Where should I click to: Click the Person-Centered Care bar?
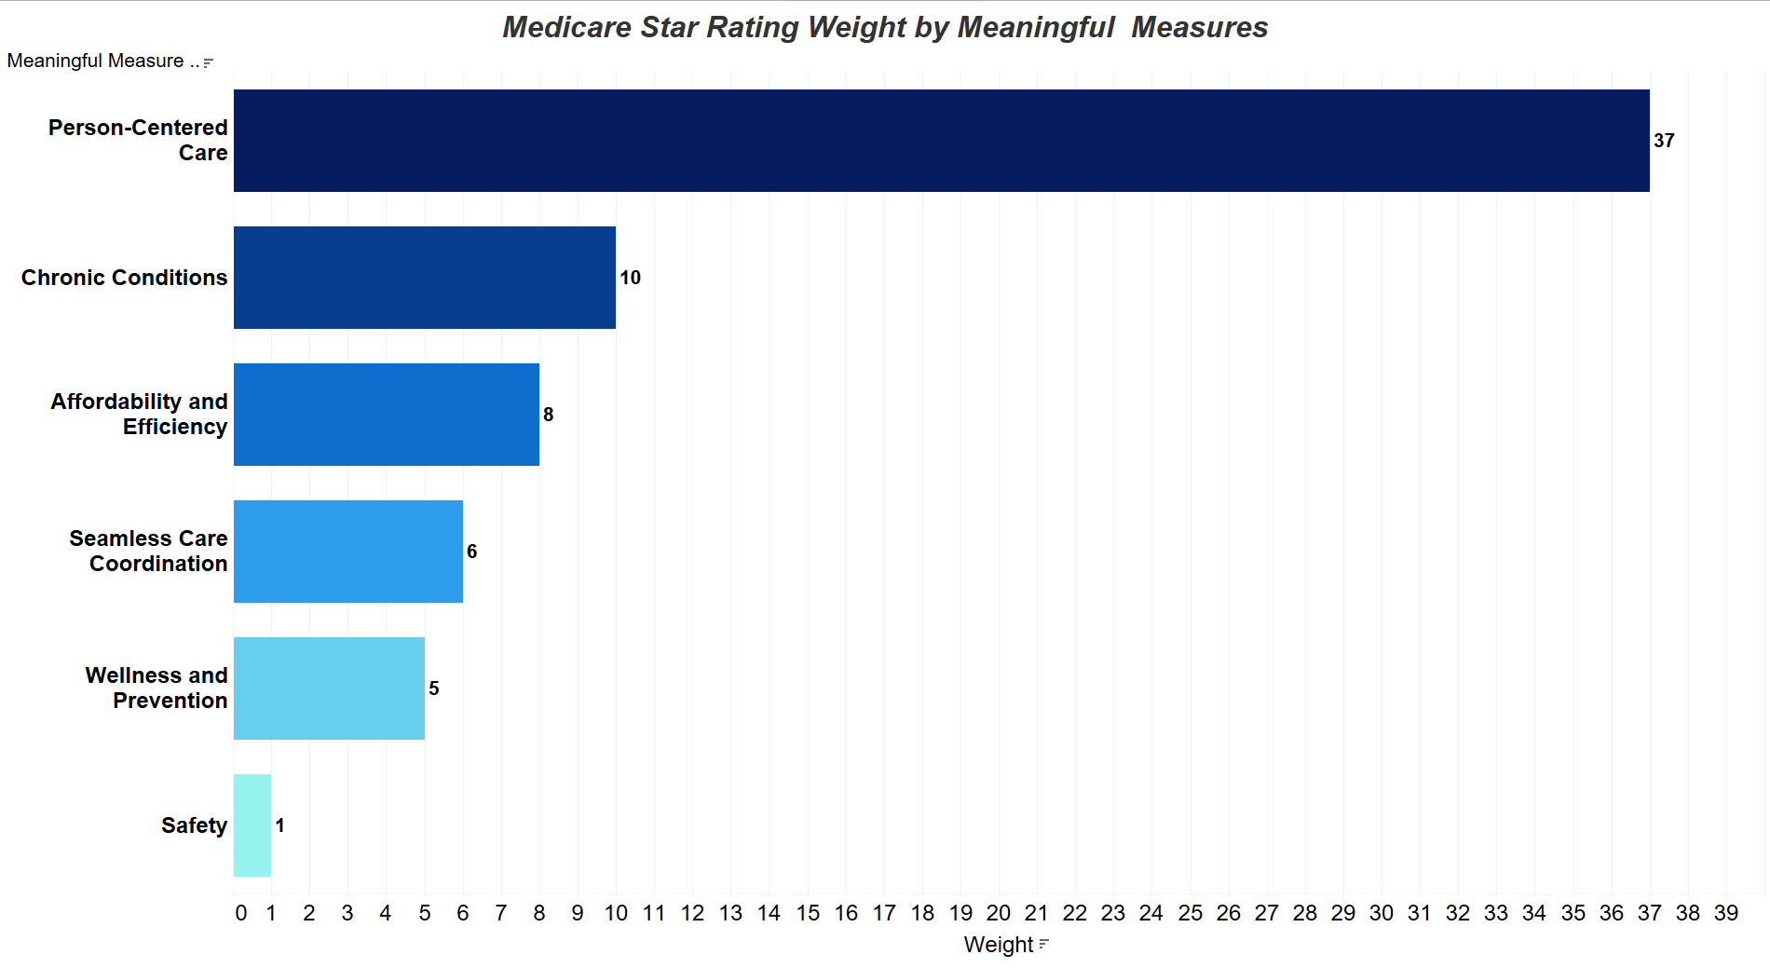(941, 141)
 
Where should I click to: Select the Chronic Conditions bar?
(424, 278)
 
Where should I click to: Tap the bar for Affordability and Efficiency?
(386, 415)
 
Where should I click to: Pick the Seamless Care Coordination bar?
(347, 552)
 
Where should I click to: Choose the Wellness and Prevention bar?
(329, 689)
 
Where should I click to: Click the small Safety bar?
(252, 825)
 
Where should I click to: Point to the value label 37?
(1664, 141)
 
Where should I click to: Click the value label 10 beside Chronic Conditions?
(631, 278)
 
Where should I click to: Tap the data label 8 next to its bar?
(549, 415)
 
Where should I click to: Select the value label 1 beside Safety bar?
(279, 825)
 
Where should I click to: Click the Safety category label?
(194, 825)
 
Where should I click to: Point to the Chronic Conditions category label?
(124, 278)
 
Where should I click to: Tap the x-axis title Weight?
(998, 945)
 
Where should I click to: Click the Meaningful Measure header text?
(95, 61)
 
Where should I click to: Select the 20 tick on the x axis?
(999, 913)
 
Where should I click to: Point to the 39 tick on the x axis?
(1726, 913)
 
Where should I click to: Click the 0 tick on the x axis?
(241, 913)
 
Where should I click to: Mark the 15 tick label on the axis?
(808, 913)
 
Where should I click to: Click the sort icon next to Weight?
(1044, 944)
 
